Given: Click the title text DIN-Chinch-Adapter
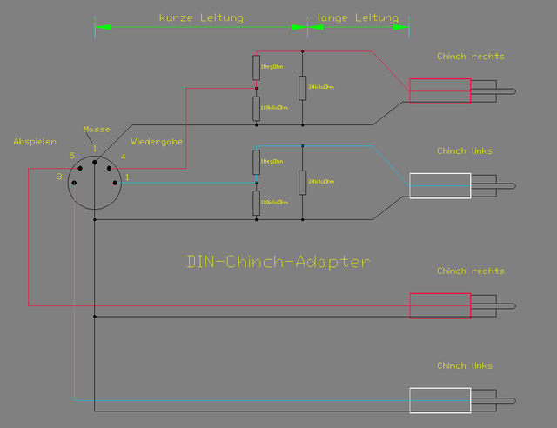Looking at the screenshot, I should click(278, 261).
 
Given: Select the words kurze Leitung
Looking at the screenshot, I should click(201, 17).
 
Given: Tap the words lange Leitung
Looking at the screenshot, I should click(358, 17).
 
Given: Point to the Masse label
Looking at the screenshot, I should click(96, 129).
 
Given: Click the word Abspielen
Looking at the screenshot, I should click(35, 141).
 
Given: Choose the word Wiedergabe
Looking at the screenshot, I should click(157, 141).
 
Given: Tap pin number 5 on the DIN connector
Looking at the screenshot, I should click(72, 156).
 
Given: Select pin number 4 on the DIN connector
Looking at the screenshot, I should click(123, 157).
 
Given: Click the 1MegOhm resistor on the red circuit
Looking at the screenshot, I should click(256, 67).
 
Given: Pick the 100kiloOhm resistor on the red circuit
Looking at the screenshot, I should click(256, 108).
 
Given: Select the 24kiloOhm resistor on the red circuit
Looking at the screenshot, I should click(302, 87).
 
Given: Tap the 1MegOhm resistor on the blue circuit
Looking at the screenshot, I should click(256, 162).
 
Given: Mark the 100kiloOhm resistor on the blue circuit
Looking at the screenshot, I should click(256, 202).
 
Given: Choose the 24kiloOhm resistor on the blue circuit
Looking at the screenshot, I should click(302, 183).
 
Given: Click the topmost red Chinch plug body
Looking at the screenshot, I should click(440, 91).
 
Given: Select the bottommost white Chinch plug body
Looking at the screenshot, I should click(440, 400).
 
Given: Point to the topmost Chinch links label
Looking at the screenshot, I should click(465, 151).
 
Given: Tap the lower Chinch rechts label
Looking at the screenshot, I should click(470, 271).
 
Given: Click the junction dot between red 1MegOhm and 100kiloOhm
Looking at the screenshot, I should click(256, 88).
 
